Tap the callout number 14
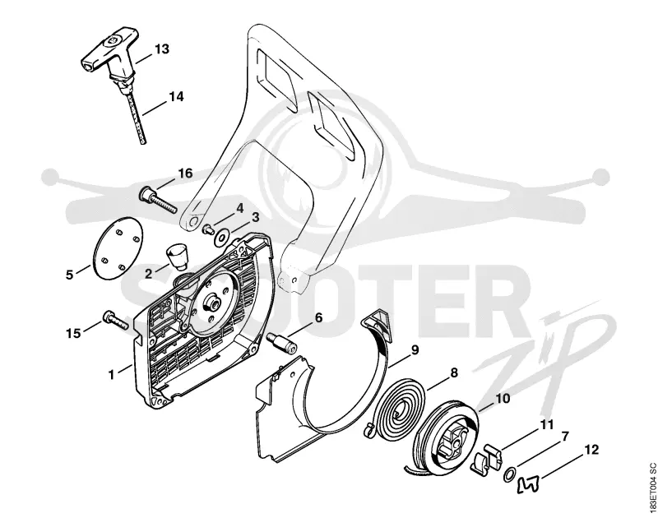[176, 96]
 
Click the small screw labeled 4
[208, 229]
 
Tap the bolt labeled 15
[114, 321]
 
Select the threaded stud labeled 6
[282, 343]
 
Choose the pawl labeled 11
[487, 460]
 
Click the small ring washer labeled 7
[508, 465]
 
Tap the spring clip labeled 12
[528, 474]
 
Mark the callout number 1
[111, 375]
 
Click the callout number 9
[415, 349]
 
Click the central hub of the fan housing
[212, 303]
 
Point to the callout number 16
[185, 173]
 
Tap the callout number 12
[591, 450]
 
